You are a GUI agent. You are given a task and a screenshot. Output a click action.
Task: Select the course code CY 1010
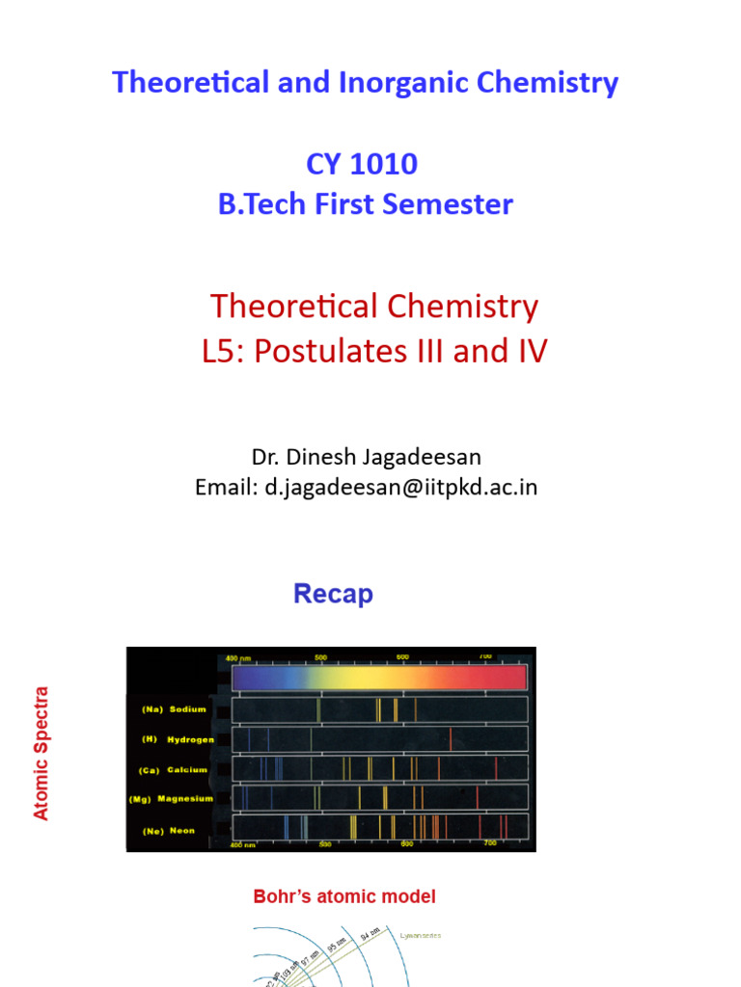362,164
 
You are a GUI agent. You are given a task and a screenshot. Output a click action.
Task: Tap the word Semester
455,204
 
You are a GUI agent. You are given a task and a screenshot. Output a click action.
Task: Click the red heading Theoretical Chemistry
374,307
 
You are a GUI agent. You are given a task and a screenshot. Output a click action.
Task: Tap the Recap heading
333,594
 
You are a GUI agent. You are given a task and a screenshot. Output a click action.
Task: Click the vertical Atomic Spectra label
41,753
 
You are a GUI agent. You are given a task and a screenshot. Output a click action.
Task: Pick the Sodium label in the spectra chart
188,709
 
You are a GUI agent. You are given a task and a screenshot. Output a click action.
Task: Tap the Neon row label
181,830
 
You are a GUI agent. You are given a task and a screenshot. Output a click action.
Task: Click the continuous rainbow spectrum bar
380,679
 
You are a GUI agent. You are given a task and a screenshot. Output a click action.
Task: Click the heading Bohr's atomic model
344,896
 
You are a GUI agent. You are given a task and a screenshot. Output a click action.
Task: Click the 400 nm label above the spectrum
237,657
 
